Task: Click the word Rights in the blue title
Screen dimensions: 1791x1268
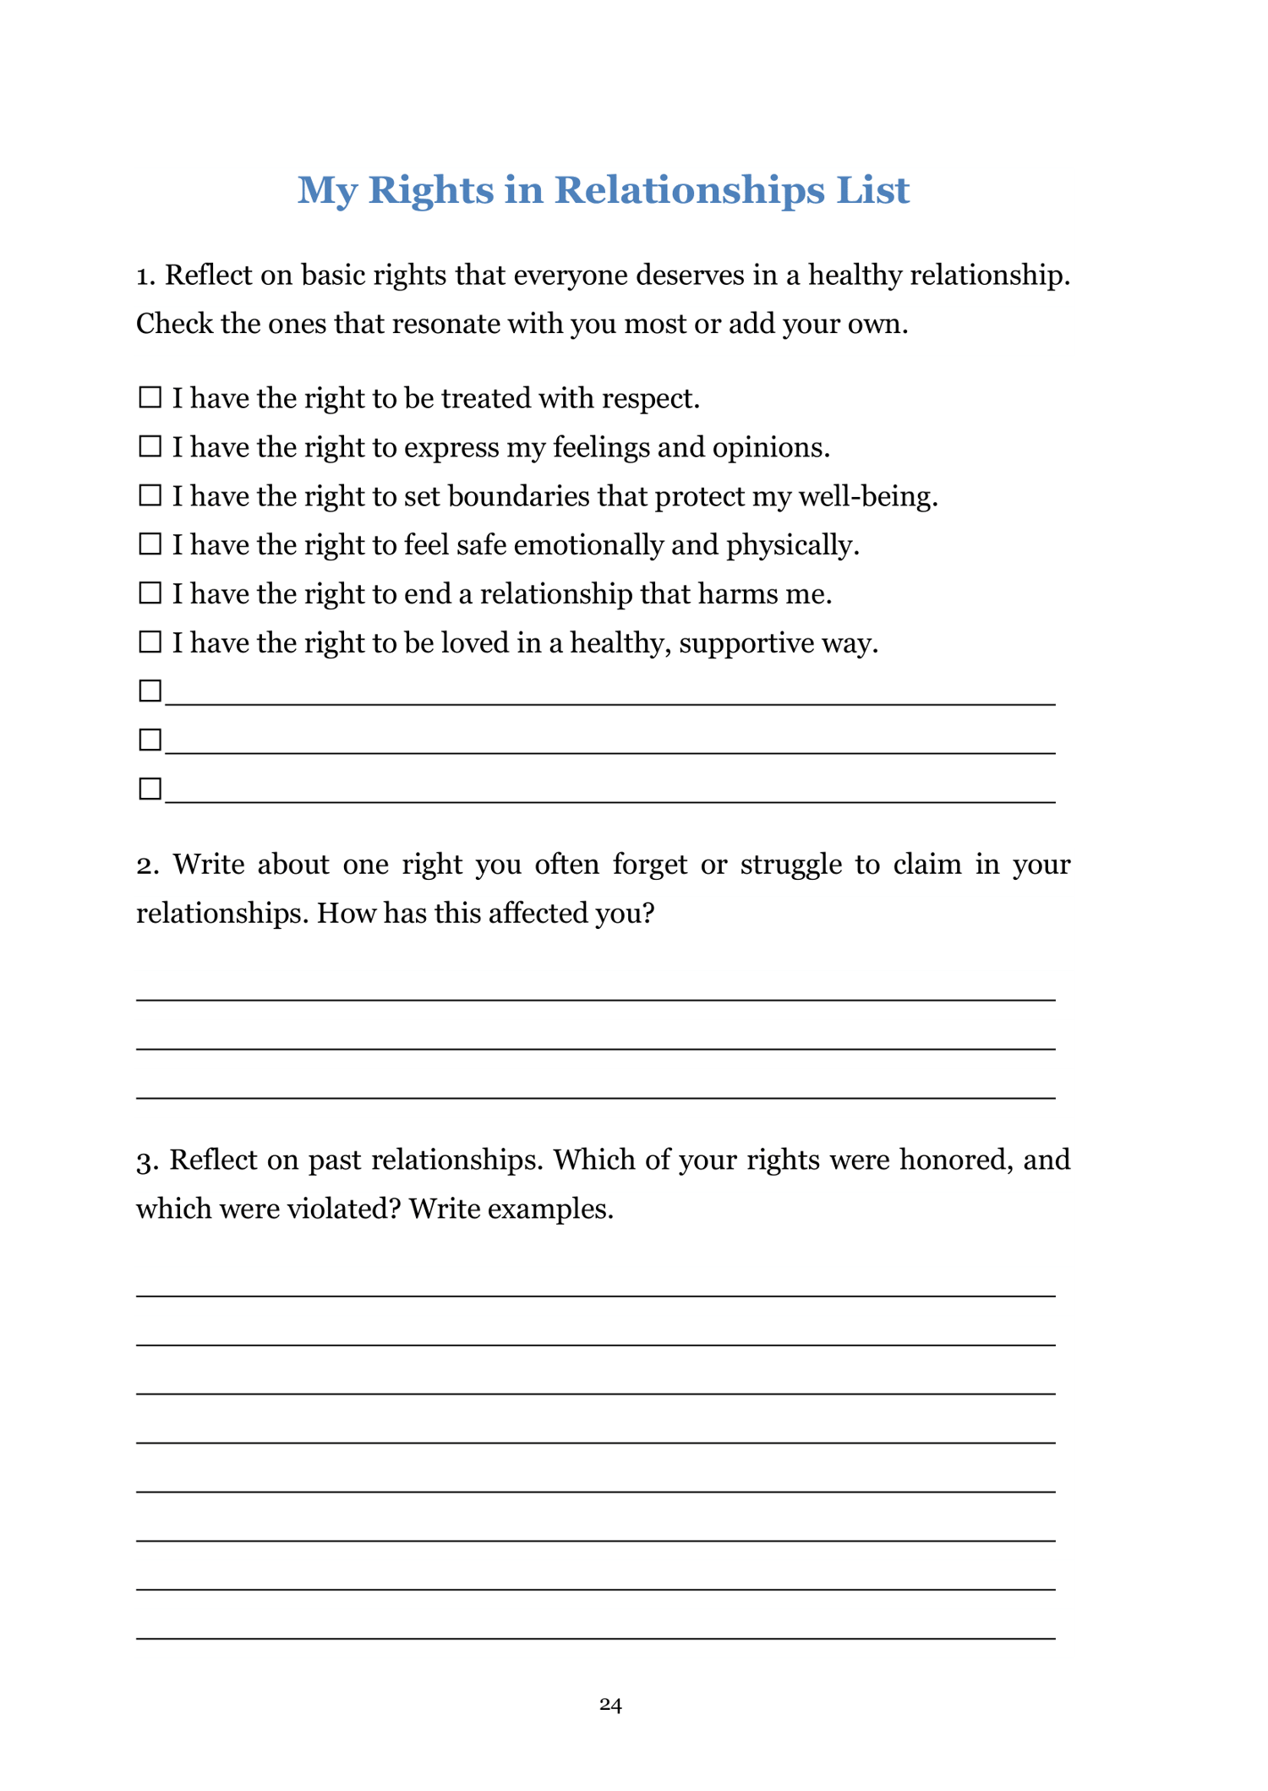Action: coord(430,190)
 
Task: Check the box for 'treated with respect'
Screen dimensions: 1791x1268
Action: coord(150,397)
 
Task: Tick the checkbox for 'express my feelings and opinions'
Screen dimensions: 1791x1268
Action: coord(150,446)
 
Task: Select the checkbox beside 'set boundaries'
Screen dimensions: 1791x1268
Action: coord(150,495)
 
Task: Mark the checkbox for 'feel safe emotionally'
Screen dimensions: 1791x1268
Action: coord(150,544)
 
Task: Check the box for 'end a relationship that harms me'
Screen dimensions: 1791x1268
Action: coord(150,593)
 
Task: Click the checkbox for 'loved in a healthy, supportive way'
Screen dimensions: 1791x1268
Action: coord(150,642)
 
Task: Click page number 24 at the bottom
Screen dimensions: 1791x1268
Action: coord(610,1705)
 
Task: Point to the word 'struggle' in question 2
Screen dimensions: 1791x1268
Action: coord(791,865)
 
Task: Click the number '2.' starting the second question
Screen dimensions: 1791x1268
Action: coord(148,865)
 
